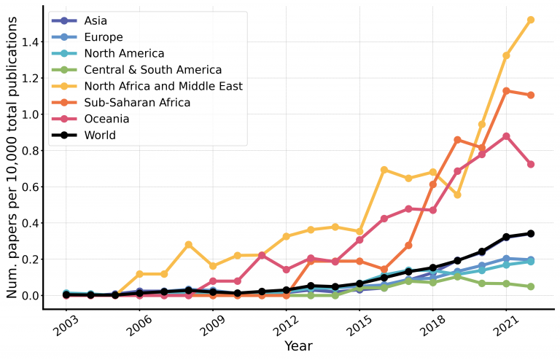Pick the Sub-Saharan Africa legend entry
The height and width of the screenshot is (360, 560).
pyautogui.click(x=147, y=103)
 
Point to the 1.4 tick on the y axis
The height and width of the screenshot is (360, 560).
pyautogui.click(x=26, y=42)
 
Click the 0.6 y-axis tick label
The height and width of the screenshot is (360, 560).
pyautogui.click(x=26, y=187)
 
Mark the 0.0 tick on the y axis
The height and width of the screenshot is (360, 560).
pyautogui.click(x=26, y=296)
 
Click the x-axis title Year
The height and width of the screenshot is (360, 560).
pyautogui.click(x=298, y=345)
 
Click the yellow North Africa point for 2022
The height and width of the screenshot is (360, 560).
pyautogui.click(x=531, y=20)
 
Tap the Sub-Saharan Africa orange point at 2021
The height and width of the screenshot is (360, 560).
pyautogui.click(x=506, y=91)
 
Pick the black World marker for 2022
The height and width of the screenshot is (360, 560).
pyautogui.click(x=531, y=233)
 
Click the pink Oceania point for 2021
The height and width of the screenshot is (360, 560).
pyautogui.click(x=506, y=136)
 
